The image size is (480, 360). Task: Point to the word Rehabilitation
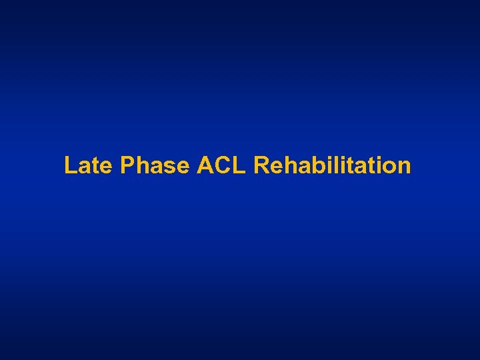pyautogui.click(x=332, y=165)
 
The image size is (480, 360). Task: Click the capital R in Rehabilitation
pyautogui.click(x=261, y=165)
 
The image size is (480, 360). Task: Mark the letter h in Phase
pyautogui.click(x=141, y=165)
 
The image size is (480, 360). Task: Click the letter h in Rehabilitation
pyautogui.click(x=289, y=165)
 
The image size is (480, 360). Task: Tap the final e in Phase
pyautogui.click(x=182, y=166)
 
